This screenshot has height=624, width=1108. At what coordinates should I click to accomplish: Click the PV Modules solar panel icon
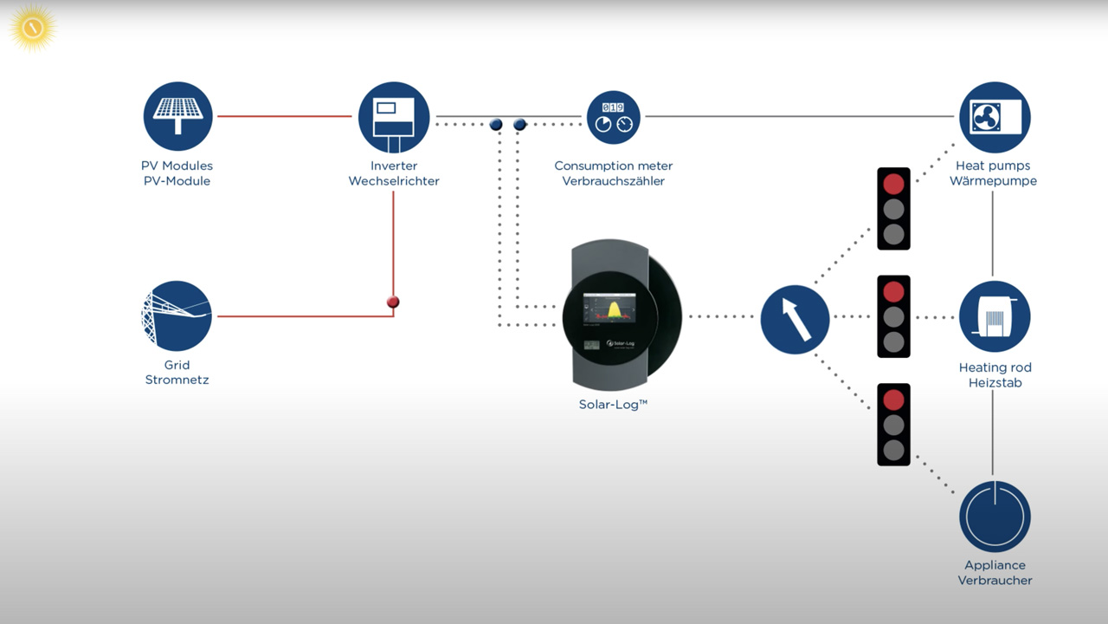coord(177,116)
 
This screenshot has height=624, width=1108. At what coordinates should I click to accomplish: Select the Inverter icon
coord(394,117)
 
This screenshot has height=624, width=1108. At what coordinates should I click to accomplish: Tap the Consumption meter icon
coord(614,117)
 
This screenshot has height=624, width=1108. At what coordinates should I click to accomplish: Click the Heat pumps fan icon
coord(995,117)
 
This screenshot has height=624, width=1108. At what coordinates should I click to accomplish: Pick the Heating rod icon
coord(995,316)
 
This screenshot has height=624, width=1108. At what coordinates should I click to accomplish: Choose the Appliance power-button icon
coord(995,517)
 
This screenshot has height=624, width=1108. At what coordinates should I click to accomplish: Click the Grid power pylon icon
coord(177,316)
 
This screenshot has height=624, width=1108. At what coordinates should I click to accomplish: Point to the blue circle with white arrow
coord(795,319)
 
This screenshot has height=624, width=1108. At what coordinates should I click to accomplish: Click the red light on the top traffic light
coord(893,184)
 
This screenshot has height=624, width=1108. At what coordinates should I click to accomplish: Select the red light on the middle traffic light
coord(893,291)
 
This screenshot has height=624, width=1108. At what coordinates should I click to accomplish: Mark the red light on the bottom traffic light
coord(893,400)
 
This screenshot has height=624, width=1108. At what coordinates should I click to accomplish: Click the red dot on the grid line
coord(393,302)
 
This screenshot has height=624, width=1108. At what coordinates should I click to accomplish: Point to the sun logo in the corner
coord(33,28)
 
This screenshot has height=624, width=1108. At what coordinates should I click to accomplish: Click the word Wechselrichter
coord(394,181)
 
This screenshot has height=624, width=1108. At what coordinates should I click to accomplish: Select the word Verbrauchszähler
coord(613,181)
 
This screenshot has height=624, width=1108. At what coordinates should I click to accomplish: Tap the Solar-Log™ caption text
coord(613,404)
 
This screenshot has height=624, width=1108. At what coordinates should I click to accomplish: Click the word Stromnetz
coord(177,380)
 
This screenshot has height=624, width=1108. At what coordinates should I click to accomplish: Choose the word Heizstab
coord(995,382)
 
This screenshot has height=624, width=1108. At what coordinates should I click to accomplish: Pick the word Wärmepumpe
coord(993,181)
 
